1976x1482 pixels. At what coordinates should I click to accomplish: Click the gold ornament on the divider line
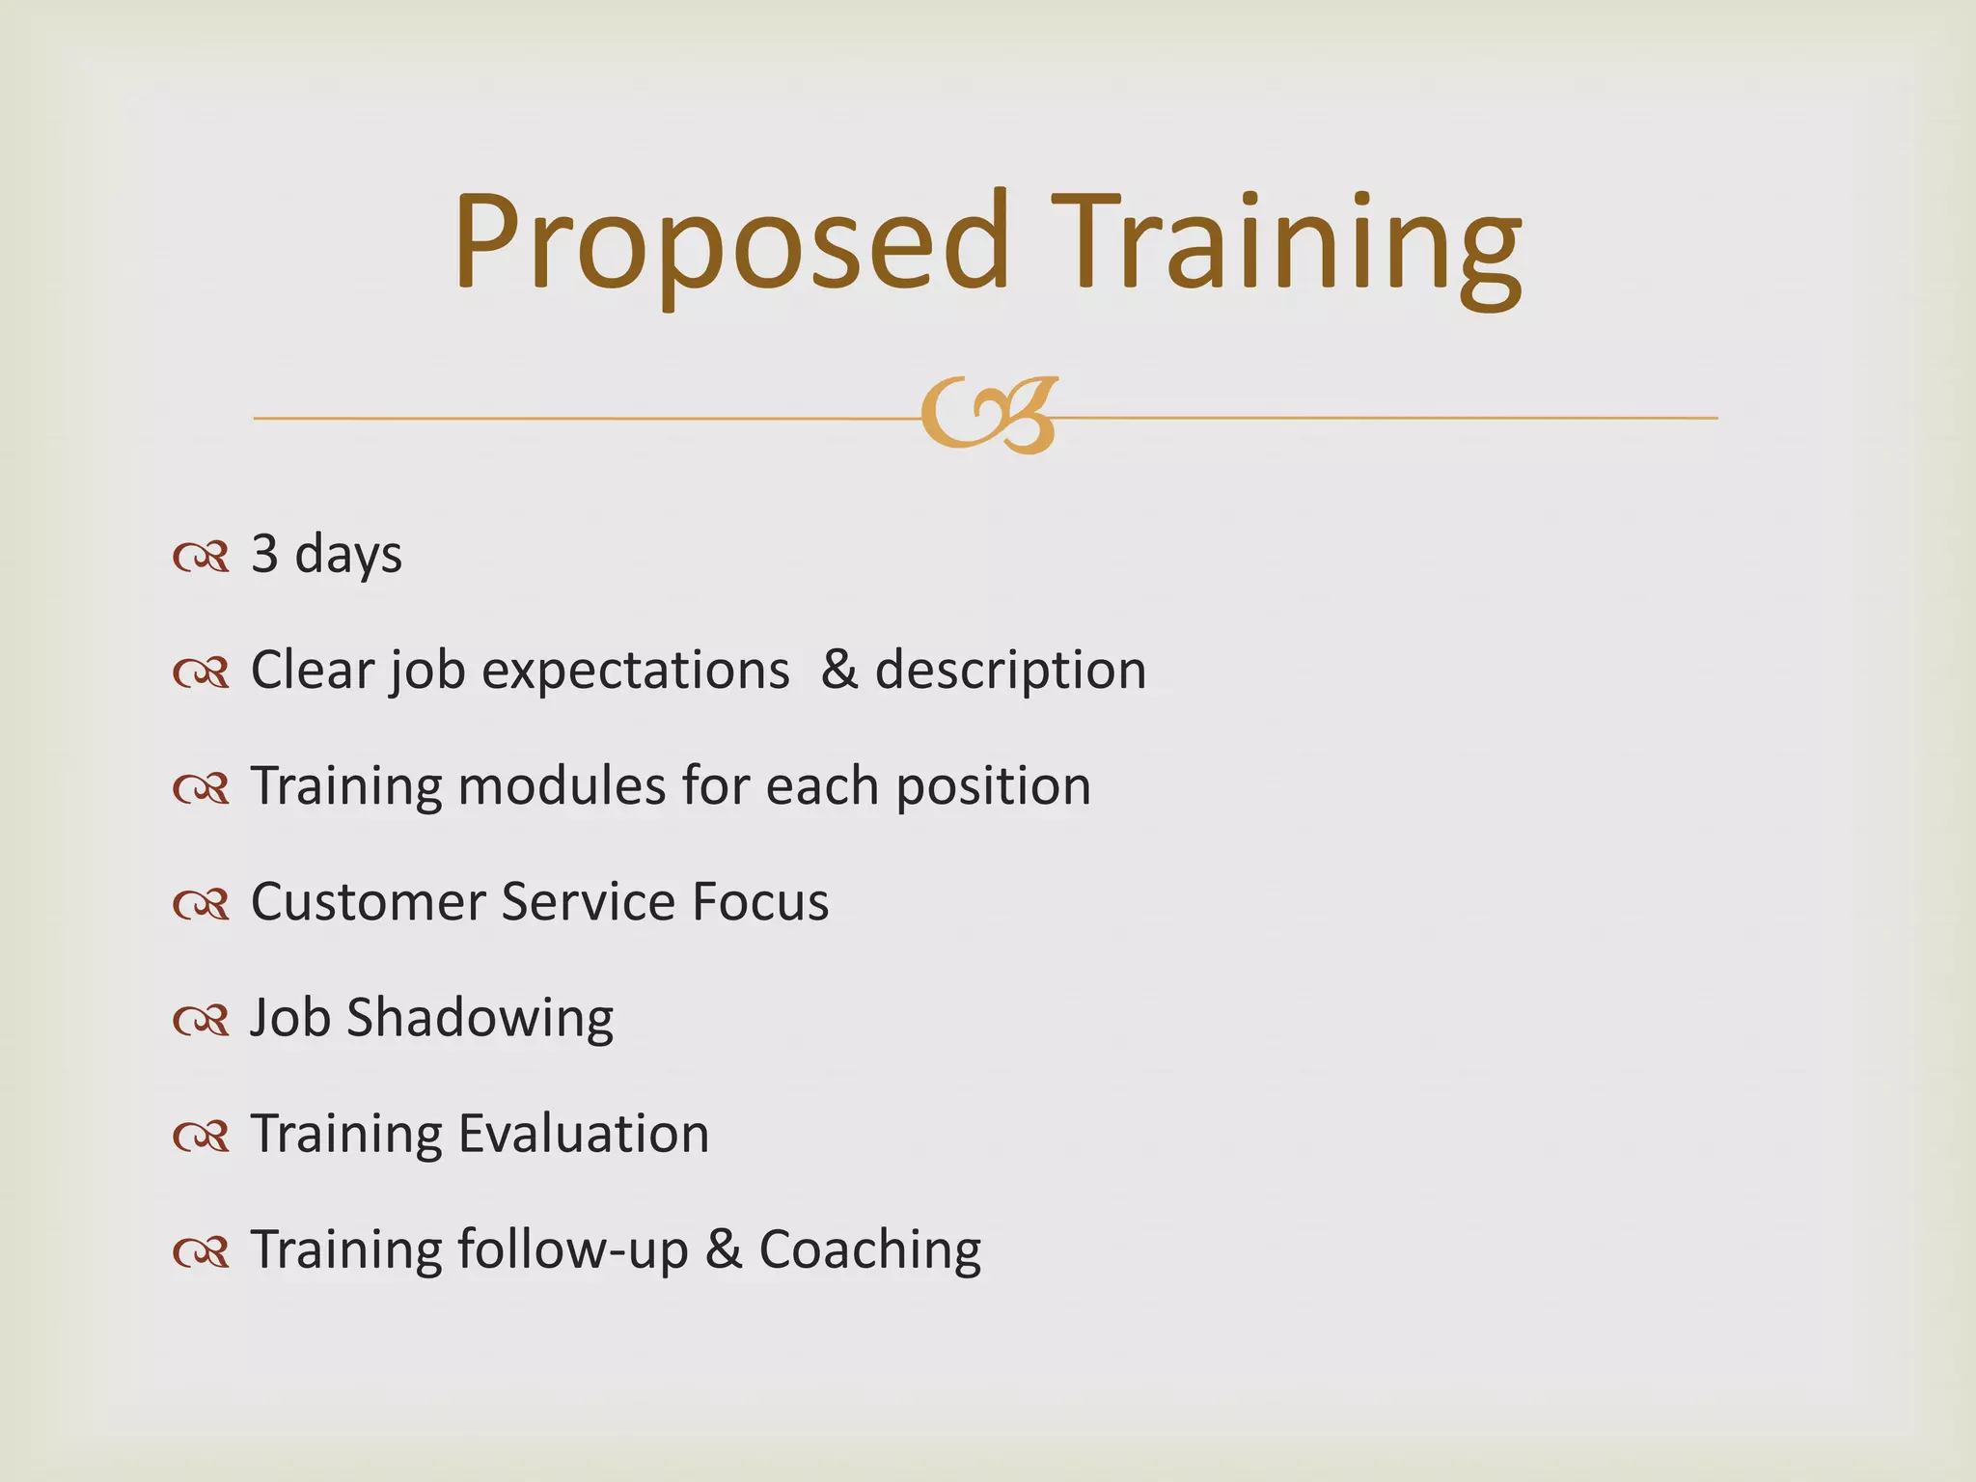tap(990, 416)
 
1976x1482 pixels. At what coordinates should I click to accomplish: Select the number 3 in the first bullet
tap(265, 555)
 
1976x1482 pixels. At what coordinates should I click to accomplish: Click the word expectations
tap(636, 671)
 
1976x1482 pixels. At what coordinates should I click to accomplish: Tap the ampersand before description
tap(838, 670)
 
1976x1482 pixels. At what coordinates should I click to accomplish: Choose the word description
tap(1010, 671)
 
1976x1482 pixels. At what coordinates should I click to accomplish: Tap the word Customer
tap(368, 902)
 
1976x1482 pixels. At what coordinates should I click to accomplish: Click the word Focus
tap(760, 902)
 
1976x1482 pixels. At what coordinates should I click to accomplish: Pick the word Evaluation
tap(584, 1134)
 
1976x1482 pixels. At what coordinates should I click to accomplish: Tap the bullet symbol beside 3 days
tap(201, 557)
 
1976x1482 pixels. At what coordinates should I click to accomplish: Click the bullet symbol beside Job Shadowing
tap(201, 1020)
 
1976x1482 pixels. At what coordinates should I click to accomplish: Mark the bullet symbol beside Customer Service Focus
tap(201, 904)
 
